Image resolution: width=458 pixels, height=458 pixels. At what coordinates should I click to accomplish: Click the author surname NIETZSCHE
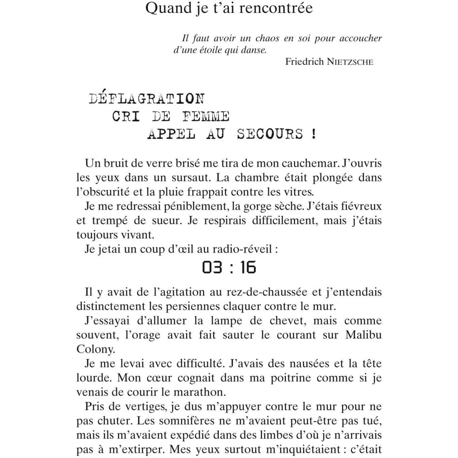(x=350, y=62)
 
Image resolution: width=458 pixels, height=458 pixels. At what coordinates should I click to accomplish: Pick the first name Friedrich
(x=305, y=62)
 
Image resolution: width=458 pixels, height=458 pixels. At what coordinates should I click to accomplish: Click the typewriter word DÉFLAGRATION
(x=147, y=99)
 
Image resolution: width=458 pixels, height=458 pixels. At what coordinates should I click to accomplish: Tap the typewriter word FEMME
(x=206, y=117)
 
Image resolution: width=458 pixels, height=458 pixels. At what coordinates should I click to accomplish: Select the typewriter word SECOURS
(x=270, y=134)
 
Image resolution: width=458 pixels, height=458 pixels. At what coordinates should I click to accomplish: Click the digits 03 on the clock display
(x=212, y=267)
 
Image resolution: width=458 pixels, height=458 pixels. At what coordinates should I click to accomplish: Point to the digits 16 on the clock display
(x=248, y=267)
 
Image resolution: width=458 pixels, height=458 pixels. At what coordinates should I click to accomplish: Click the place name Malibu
(x=363, y=335)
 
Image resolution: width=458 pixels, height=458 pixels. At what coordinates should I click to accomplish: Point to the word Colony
(x=96, y=349)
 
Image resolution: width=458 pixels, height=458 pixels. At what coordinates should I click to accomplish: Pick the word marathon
(x=200, y=392)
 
